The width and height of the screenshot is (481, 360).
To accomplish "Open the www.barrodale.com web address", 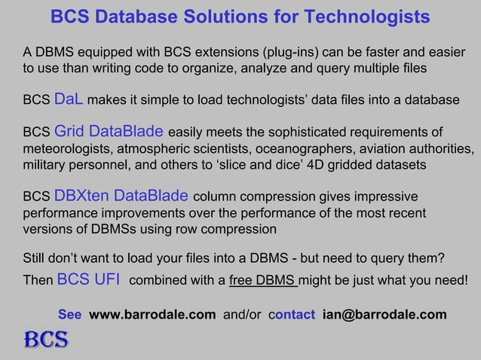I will [x=152, y=314].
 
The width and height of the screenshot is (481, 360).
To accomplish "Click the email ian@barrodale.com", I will [x=384, y=314].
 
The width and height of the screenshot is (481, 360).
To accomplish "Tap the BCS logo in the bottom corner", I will [x=47, y=340].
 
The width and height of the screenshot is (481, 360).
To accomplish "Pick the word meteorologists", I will [x=67, y=147].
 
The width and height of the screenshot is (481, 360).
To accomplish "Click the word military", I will [x=46, y=163].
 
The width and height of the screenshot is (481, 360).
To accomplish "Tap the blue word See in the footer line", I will [x=70, y=314].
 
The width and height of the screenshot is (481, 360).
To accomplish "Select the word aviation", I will [x=377, y=147].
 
